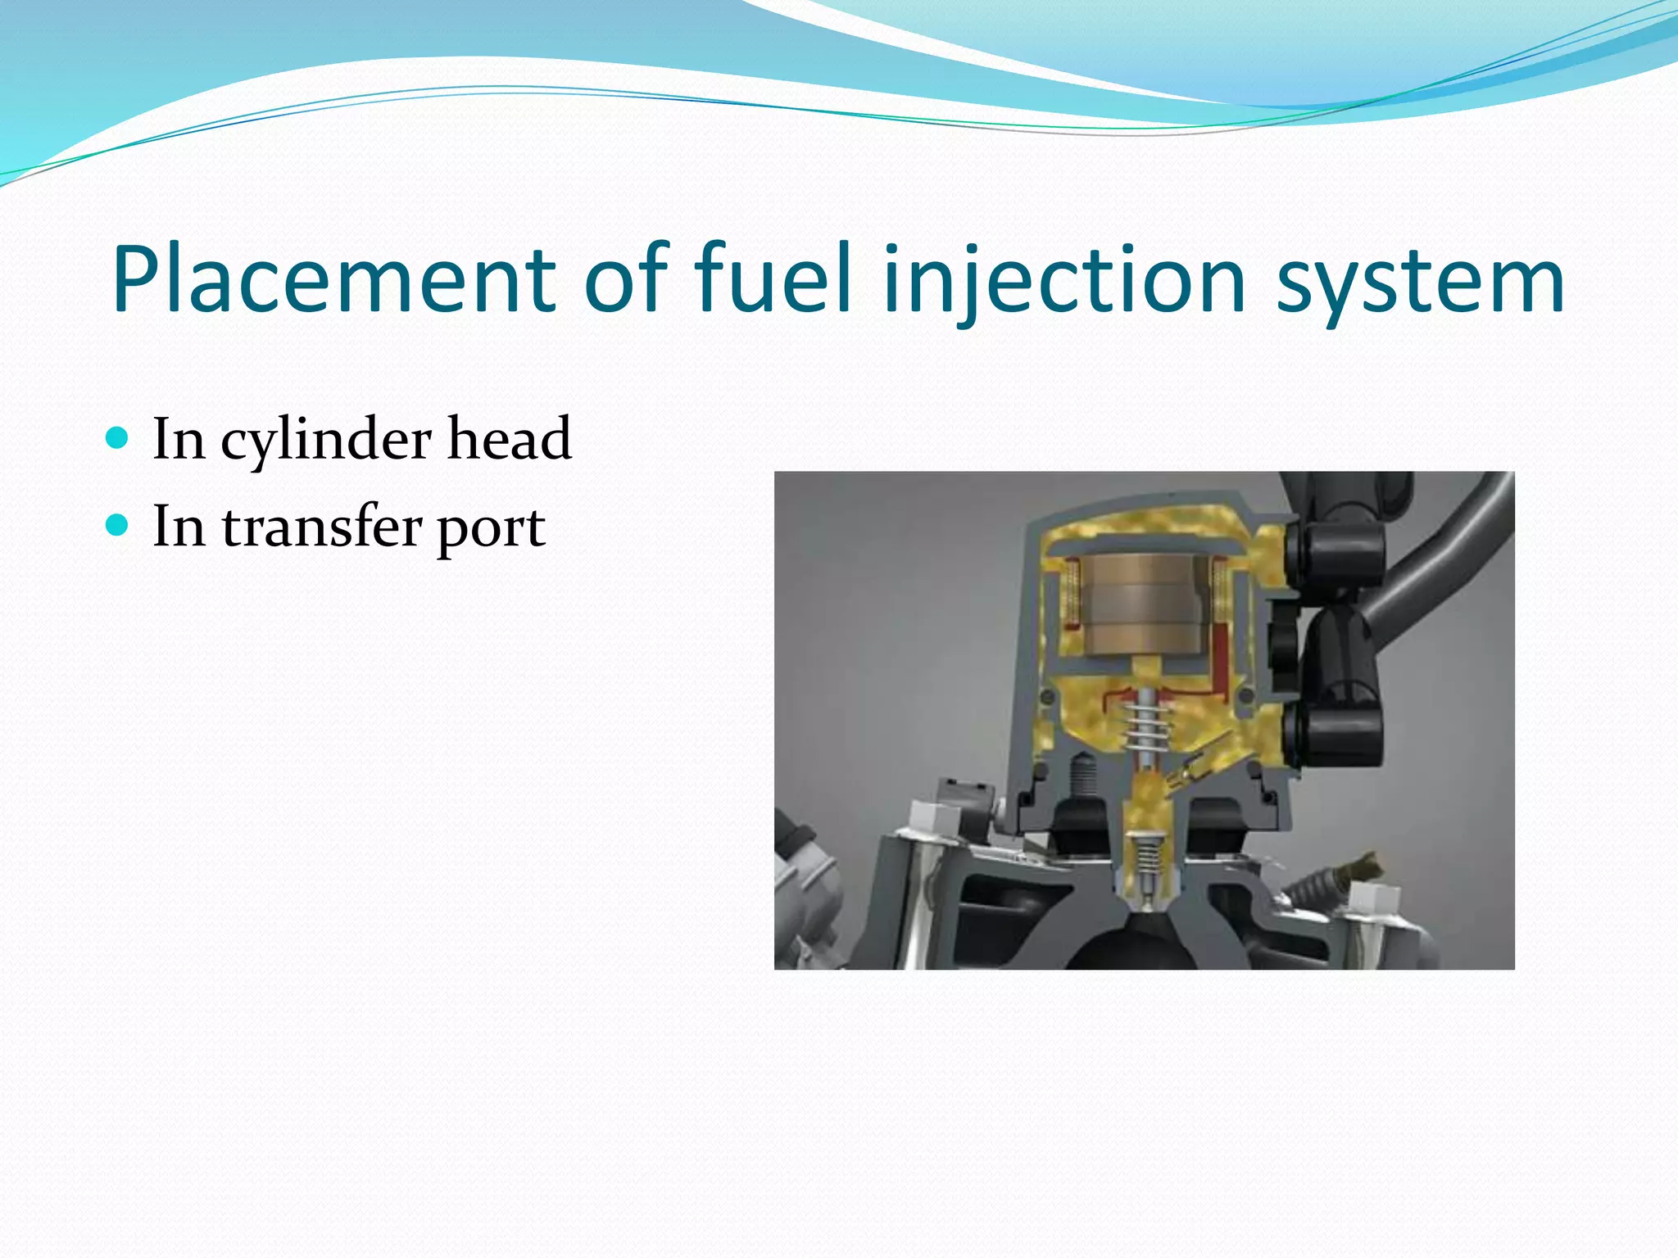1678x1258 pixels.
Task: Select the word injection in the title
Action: click(1064, 280)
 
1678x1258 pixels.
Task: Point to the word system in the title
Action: click(1421, 280)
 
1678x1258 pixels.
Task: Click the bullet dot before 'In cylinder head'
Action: click(118, 437)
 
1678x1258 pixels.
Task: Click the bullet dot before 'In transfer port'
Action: click(118, 525)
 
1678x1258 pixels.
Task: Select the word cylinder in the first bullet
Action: click(325, 441)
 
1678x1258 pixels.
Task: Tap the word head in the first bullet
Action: click(509, 439)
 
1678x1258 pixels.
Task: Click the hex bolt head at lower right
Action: click(1371, 898)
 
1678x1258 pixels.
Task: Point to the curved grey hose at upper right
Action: click(1442, 565)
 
